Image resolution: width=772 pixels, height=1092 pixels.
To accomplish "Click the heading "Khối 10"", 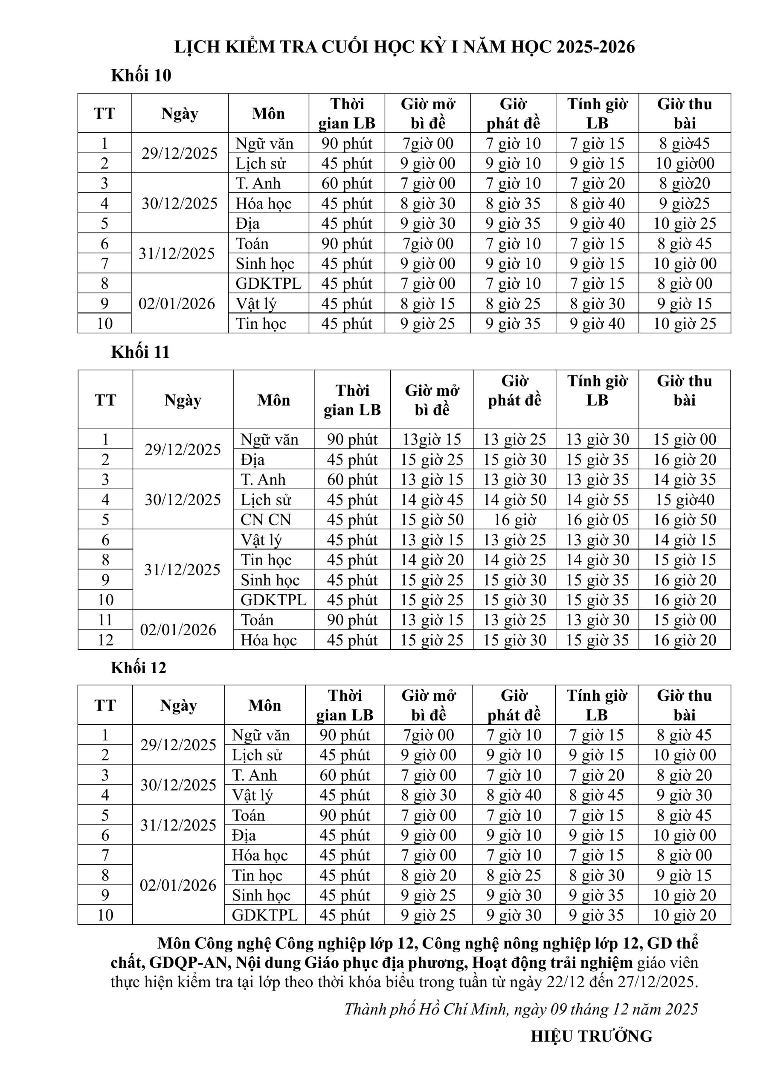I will point(141,76).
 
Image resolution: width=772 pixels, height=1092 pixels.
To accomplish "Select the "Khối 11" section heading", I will point(140,352).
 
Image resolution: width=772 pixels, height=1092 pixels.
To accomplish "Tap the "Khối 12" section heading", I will point(139,668).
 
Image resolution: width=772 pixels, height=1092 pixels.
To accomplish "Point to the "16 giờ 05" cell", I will point(597,520).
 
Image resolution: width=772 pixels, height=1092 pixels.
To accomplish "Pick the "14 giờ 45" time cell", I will point(432,500).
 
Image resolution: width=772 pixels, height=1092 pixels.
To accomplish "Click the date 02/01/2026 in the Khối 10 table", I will point(177,303).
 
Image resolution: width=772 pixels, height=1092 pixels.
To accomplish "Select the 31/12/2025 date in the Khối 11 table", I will point(182,570).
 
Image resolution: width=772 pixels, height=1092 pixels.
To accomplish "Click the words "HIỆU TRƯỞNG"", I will point(591,1037).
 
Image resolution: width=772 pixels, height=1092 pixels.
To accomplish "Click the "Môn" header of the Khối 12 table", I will point(264,706).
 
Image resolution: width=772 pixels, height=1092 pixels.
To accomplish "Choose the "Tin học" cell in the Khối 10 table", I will point(261,324).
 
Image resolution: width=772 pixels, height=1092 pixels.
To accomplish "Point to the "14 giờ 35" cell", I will point(684,480).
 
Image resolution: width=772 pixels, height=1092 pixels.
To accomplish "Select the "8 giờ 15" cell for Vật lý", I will point(427,304).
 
